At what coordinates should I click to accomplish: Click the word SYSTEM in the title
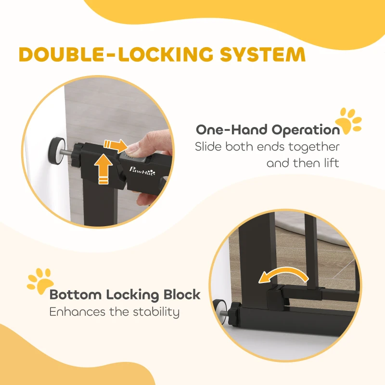[262, 54]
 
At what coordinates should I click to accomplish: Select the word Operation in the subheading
[306, 130]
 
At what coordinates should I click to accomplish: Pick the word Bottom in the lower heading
[76, 295]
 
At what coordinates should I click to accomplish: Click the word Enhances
[77, 312]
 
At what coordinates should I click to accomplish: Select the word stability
[156, 312]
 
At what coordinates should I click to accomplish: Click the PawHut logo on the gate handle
[142, 170]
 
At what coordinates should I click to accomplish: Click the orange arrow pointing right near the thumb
[115, 146]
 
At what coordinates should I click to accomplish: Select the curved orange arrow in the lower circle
[283, 274]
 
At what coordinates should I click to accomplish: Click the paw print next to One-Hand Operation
[348, 121]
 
